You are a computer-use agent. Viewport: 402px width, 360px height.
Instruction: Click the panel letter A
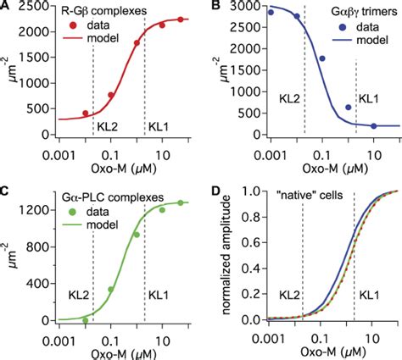[x=7, y=8]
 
